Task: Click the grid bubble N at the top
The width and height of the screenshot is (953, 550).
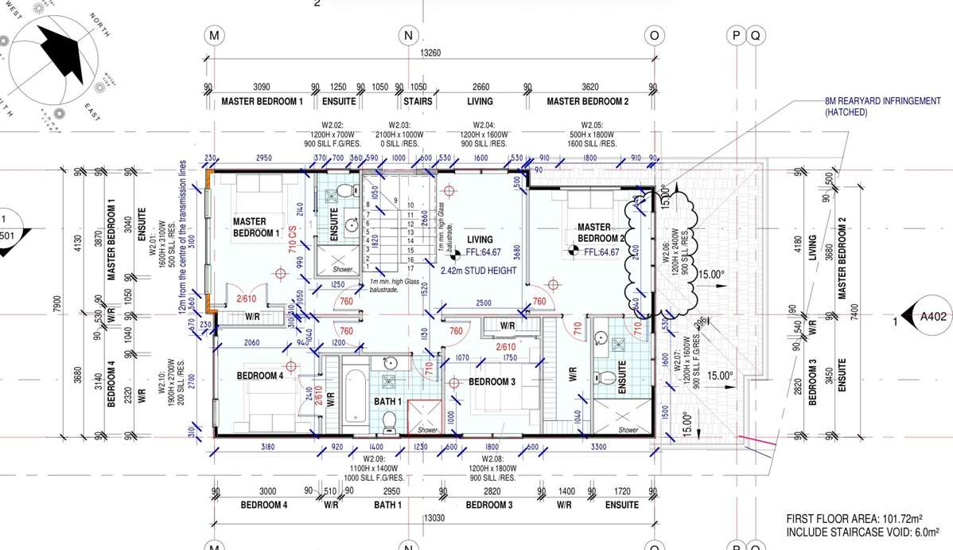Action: tap(408, 35)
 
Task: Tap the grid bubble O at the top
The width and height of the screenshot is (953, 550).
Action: tap(654, 35)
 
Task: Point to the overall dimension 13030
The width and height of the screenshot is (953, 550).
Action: tap(433, 518)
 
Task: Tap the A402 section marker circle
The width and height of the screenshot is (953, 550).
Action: tap(932, 316)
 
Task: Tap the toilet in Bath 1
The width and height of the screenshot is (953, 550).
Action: tap(389, 419)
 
